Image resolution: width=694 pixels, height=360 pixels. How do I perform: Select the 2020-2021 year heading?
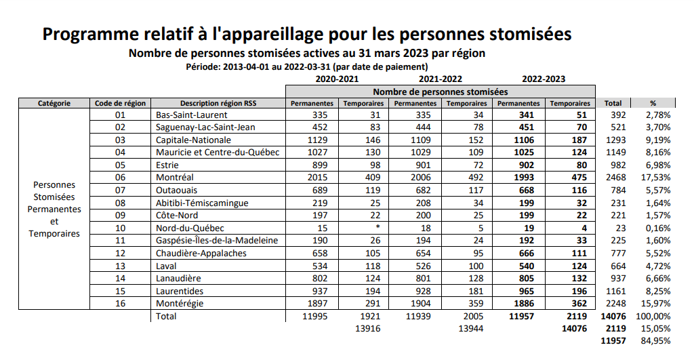(337, 79)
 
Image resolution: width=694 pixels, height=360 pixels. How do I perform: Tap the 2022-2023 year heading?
(544, 79)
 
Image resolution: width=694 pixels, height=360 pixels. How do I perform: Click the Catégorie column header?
(54, 103)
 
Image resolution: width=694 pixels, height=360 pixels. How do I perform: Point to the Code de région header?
(121, 103)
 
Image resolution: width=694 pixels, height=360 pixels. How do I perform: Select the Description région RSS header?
(218, 103)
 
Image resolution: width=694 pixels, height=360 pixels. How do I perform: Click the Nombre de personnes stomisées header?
(441, 92)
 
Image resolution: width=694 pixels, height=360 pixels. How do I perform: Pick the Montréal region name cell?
(175, 178)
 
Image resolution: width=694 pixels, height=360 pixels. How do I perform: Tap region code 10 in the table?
(121, 228)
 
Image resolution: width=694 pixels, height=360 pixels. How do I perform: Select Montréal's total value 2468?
(615, 178)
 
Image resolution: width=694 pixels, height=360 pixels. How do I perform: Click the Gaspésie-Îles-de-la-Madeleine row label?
(217, 241)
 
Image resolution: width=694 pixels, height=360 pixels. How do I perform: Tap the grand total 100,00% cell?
(653, 317)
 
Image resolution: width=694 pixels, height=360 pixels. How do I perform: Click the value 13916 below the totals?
(368, 329)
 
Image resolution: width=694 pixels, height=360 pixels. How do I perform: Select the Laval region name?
(166, 266)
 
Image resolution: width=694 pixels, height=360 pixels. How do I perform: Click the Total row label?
(166, 317)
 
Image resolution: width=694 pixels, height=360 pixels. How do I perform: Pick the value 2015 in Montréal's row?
(317, 178)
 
